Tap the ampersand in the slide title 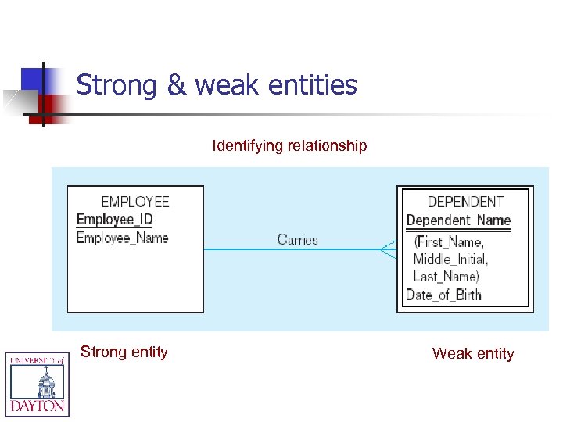(177, 84)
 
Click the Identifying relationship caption (289, 145)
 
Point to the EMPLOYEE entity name (135, 202)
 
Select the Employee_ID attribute (114, 220)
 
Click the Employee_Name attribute (123, 238)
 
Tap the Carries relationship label (298, 240)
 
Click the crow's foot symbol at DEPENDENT (389, 249)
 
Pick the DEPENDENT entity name (465, 202)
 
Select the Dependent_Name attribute (458, 220)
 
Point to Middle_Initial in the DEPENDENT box (450, 259)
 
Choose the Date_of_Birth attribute (443, 295)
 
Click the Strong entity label (124, 352)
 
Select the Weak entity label (473, 353)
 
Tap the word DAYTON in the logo (38, 406)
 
